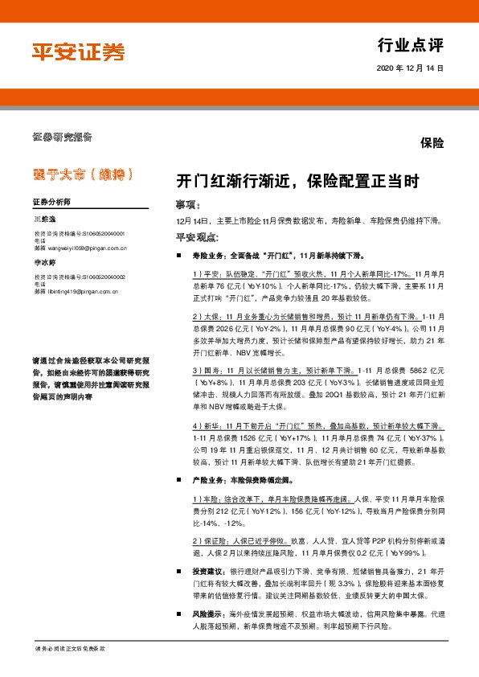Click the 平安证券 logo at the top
[78, 53]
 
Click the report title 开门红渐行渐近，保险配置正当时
[297, 182]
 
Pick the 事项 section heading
[186, 204]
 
